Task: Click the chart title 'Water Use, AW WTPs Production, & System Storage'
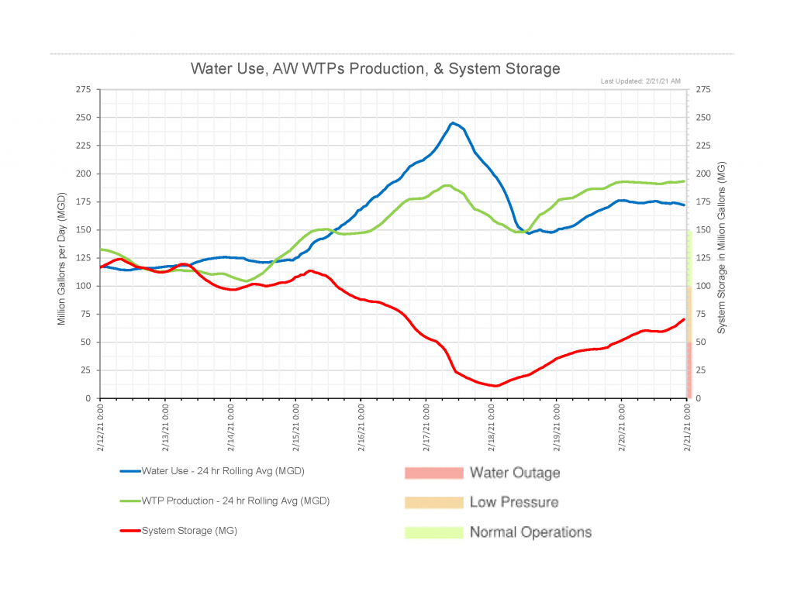tap(375, 68)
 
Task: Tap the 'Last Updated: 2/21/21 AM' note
tap(641, 81)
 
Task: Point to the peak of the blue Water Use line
tap(454, 122)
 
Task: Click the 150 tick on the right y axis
tap(704, 230)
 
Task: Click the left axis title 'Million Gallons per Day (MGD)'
tap(62, 244)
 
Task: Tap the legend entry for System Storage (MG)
tap(189, 531)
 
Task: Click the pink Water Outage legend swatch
tap(432, 473)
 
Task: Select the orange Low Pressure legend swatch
tap(432, 502)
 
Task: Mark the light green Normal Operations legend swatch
tap(432, 532)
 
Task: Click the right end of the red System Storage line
tap(684, 319)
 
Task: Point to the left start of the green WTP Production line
tap(101, 249)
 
